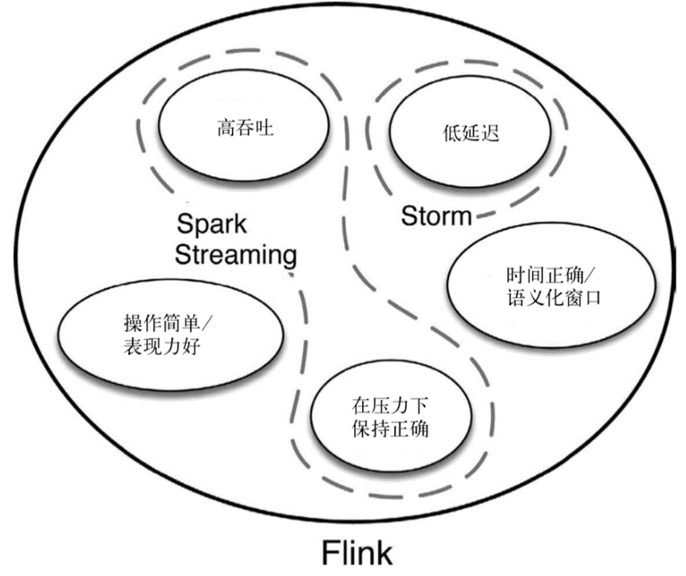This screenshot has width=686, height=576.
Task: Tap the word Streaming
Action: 235,256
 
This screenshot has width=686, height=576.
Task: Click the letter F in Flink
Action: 329,553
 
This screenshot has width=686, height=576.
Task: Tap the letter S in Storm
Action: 408,215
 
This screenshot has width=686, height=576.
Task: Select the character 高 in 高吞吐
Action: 226,127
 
